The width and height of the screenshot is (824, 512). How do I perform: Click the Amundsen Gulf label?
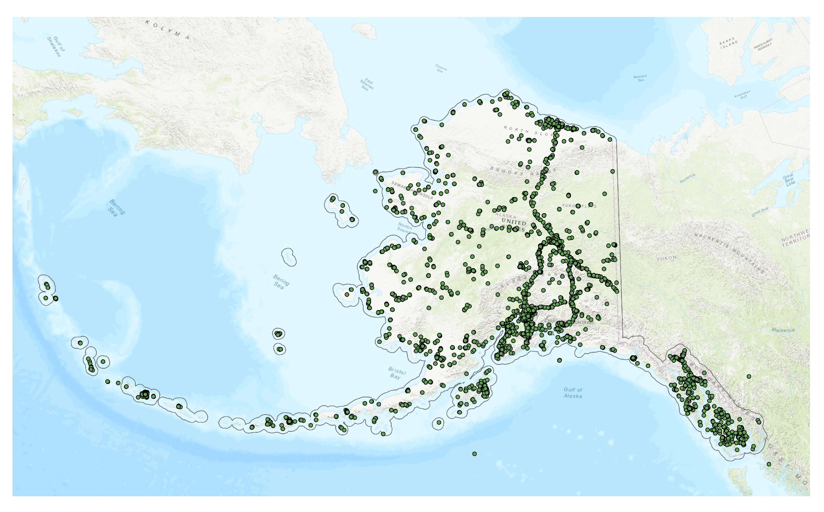pyautogui.click(x=743, y=95)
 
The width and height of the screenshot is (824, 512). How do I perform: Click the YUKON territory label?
pyautogui.click(x=667, y=258)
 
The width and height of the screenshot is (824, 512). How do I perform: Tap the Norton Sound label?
pyautogui.click(x=405, y=227)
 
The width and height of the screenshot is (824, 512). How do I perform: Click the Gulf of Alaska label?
pyautogui.click(x=573, y=393)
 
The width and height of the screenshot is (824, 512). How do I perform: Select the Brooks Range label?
pyautogui.click(x=518, y=172)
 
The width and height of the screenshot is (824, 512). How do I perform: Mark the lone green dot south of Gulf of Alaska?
pyautogui.click(x=474, y=454)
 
